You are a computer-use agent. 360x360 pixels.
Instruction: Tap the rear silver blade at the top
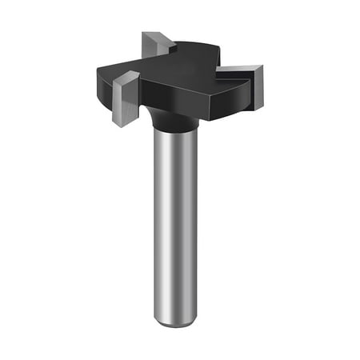[154, 45]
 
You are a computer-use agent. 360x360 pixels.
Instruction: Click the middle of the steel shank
[174, 224]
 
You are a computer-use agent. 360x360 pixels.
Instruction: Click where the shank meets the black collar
[174, 133]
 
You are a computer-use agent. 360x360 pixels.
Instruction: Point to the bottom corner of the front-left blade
[120, 125]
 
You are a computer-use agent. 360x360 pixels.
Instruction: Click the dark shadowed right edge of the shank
[194, 224]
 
